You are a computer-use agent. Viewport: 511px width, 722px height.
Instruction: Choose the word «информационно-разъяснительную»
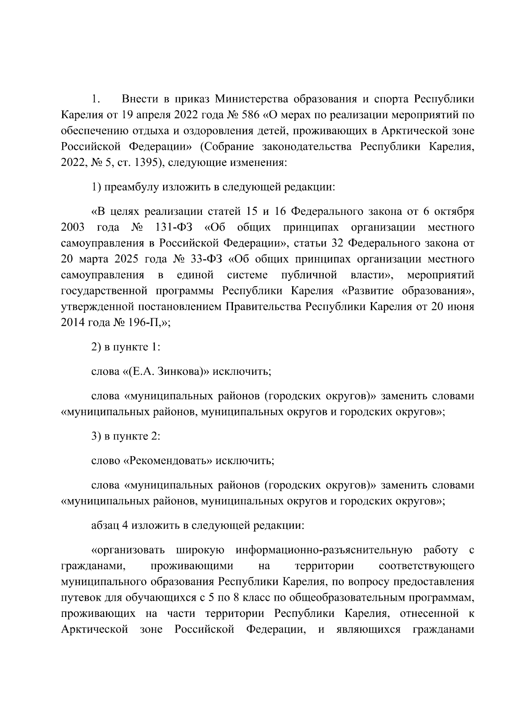324,550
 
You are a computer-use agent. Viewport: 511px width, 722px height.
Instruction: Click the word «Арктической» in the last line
95,629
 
